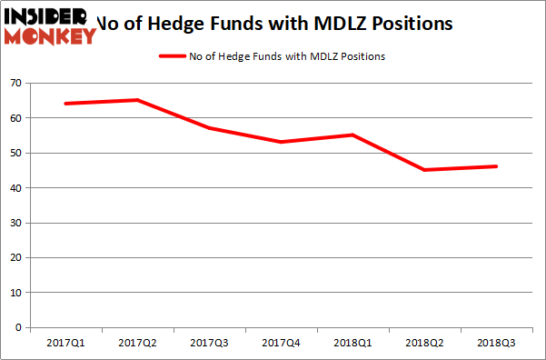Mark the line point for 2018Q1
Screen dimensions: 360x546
tap(353, 135)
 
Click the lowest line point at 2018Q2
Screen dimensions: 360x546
tap(425, 170)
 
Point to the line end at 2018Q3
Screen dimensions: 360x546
tap(496, 166)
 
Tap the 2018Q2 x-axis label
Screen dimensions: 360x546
tap(425, 344)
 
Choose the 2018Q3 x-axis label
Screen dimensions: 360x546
tap(497, 344)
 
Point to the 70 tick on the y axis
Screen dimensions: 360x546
tap(16, 83)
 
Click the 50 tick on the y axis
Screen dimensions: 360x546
tap(16, 153)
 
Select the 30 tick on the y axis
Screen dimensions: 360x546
tap(16, 223)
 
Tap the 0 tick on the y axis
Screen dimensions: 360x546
tap(19, 327)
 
